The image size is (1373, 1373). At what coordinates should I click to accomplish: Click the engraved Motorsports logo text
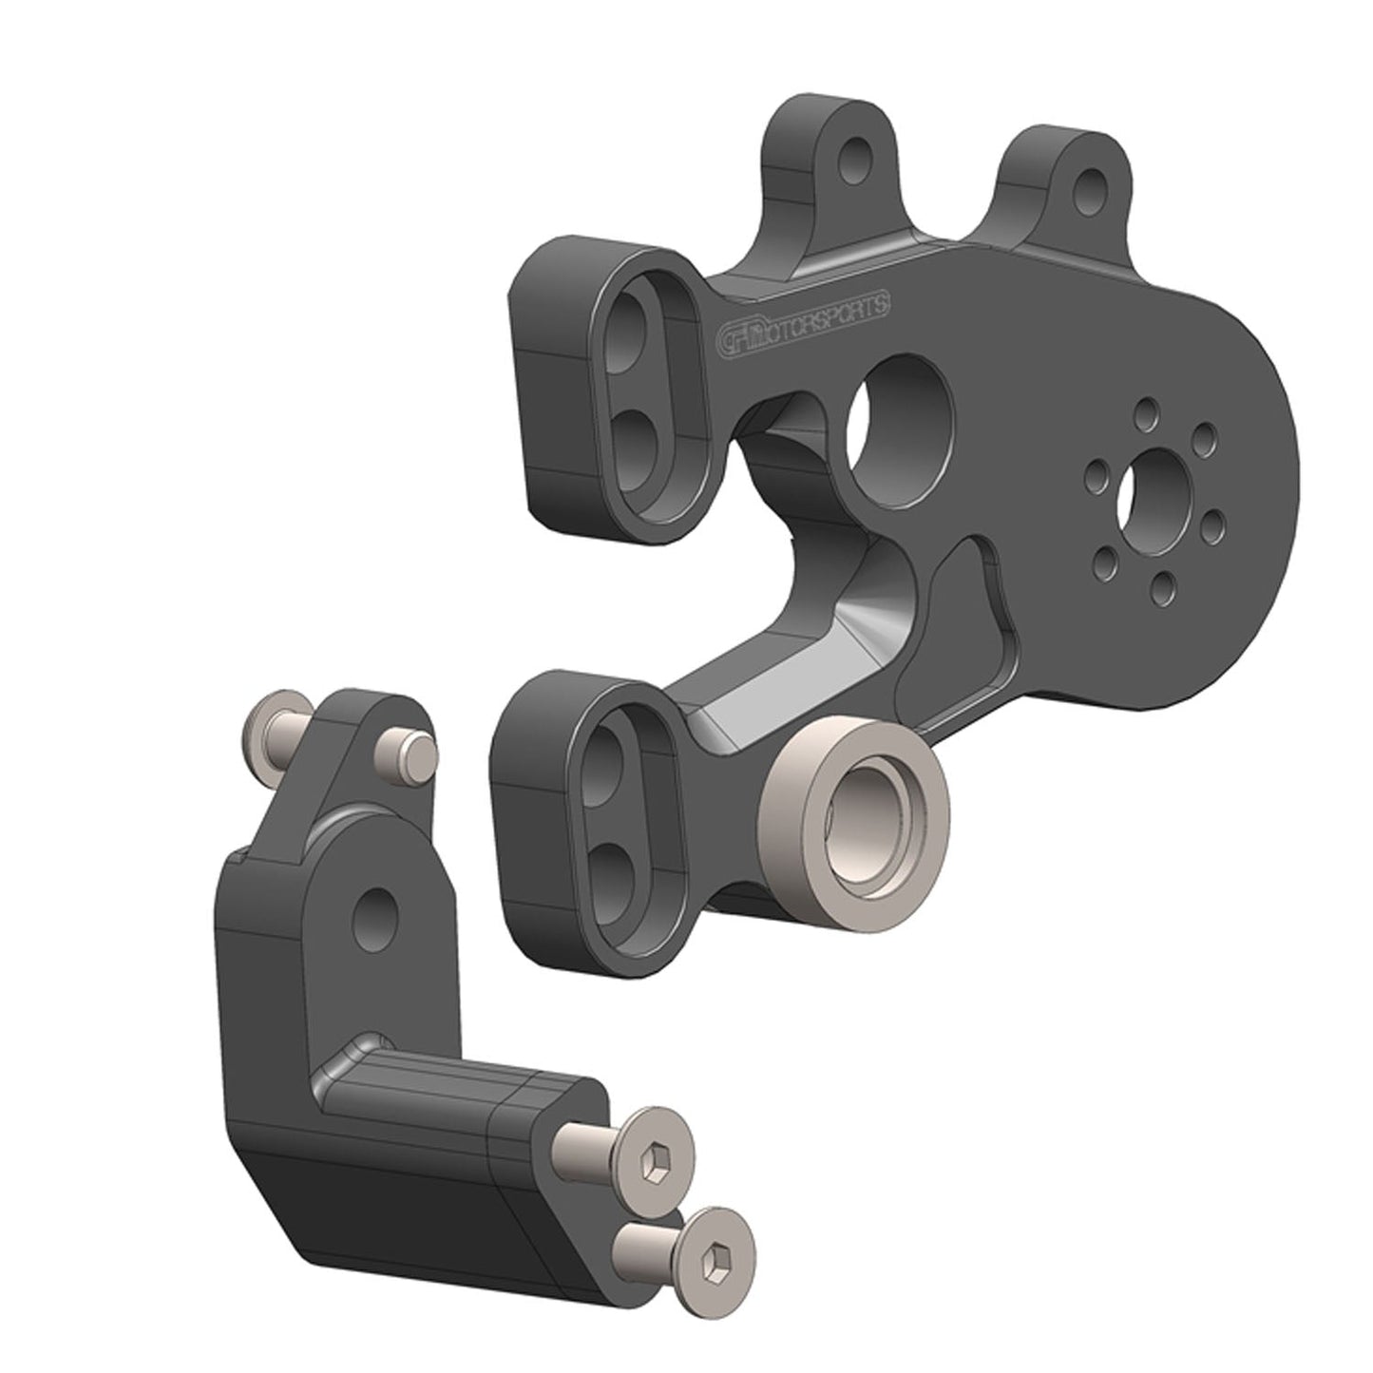(x=805, y=318)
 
